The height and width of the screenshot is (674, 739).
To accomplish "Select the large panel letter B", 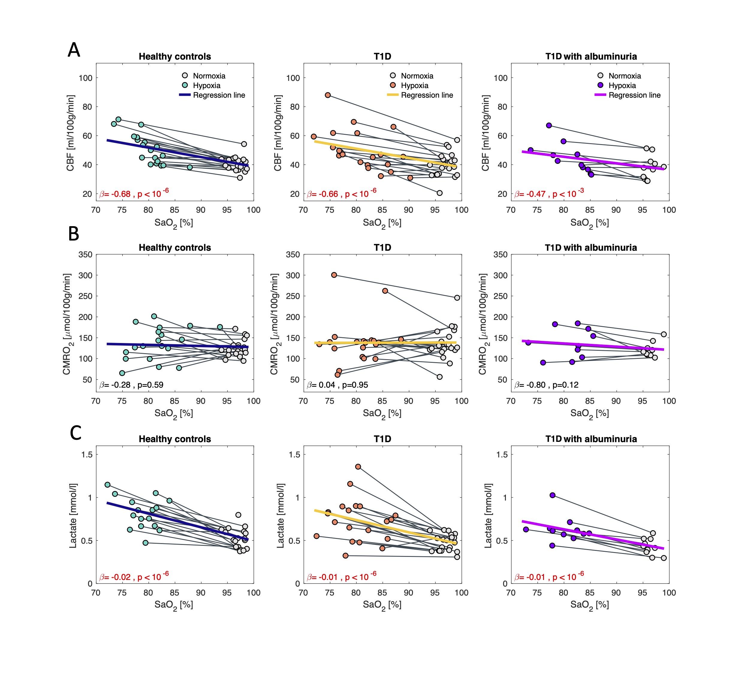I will coord(74,233).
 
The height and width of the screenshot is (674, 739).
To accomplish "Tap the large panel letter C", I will coord(76,433).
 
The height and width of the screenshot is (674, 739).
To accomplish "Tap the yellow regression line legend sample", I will coord(393,95).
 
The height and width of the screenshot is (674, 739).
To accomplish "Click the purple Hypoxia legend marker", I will coord(601,85).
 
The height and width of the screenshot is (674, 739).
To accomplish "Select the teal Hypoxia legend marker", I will coord(185,85).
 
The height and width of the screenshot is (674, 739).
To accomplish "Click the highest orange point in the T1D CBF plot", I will coord(328,95).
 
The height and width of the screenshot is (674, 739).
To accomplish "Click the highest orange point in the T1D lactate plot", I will coord(358,467).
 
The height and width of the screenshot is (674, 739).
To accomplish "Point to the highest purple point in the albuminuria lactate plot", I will coord(552,495).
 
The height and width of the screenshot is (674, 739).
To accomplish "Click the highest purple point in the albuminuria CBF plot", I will coord(549,125).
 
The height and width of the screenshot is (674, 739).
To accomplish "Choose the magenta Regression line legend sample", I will coord(600,95).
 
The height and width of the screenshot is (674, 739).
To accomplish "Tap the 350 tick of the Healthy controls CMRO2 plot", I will coord(85,254).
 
